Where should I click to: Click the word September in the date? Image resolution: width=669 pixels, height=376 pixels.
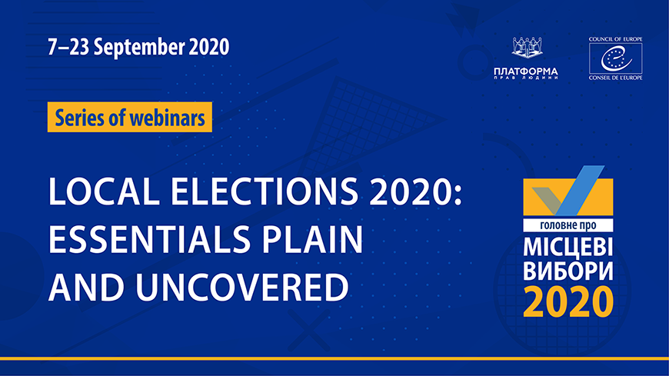[139, 48]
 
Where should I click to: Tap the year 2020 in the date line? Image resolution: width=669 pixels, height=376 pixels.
[209, 47]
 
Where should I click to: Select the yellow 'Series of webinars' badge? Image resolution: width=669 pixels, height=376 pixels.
[130, 117]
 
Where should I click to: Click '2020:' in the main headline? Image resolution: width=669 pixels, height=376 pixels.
[415, 191]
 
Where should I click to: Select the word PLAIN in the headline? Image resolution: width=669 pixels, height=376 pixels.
[312, 239]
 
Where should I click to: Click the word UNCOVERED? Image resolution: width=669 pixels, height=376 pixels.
[242, 287]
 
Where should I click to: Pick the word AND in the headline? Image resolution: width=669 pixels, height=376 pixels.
[87, 287]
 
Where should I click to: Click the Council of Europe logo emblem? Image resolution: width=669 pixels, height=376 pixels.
[615, 58]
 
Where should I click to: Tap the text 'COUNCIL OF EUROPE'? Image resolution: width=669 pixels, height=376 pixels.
[615, 39]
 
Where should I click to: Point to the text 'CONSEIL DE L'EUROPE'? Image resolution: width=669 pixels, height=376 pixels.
[615, 78]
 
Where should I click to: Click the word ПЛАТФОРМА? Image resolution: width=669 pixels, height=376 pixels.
[526, 72]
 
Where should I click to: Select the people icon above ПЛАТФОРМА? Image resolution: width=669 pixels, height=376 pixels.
[528, 48]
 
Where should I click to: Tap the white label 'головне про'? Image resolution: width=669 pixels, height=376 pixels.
[568, 225]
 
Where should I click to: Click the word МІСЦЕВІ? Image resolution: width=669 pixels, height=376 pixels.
[568, 247]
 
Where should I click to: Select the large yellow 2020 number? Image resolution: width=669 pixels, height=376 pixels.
[568, 301]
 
